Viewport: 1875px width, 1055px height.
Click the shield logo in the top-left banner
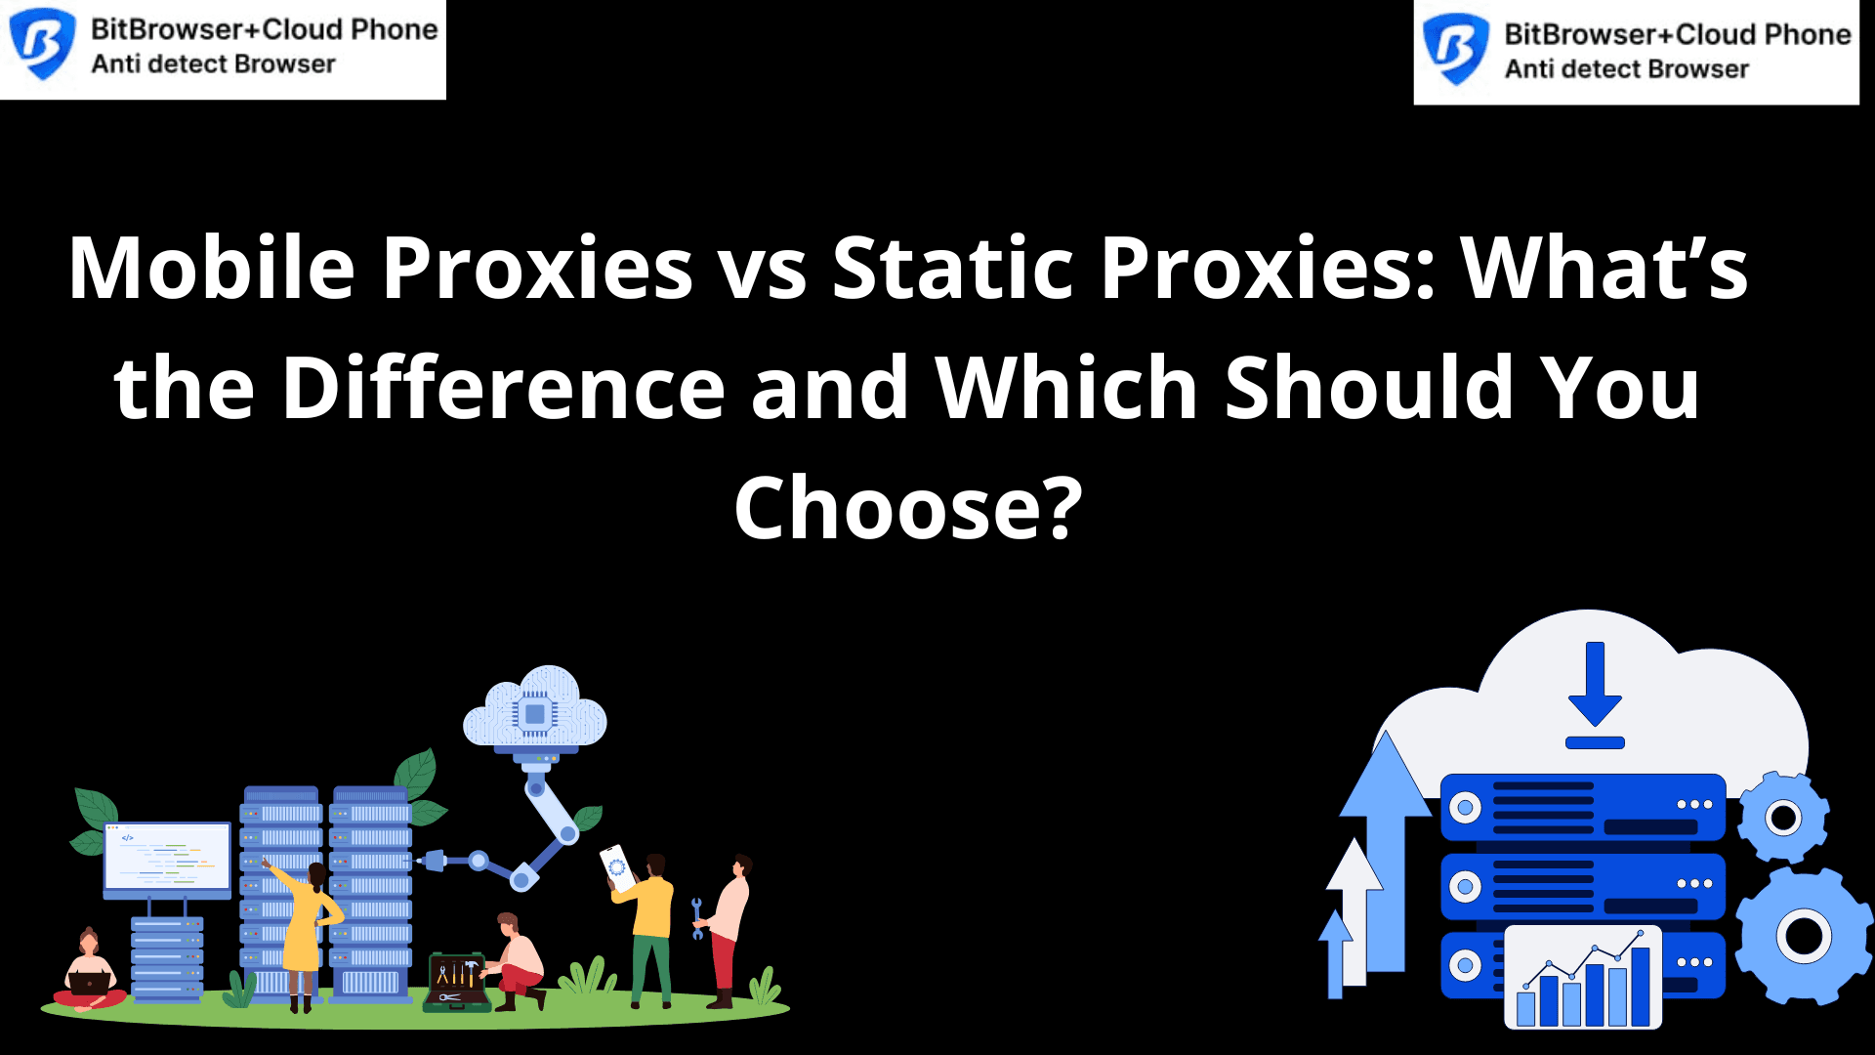42,44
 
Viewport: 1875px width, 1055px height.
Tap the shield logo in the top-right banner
1455,49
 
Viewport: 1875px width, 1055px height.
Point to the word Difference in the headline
504,388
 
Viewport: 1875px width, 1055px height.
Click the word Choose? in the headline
908,508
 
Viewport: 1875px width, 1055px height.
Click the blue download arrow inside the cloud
1595,695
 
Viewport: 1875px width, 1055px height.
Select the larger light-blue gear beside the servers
1804,936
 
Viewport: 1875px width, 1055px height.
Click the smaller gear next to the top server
1783,817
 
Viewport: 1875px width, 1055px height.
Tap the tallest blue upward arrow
1386,850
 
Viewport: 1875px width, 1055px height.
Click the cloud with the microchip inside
535,711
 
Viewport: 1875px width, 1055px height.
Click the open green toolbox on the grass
456,982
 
